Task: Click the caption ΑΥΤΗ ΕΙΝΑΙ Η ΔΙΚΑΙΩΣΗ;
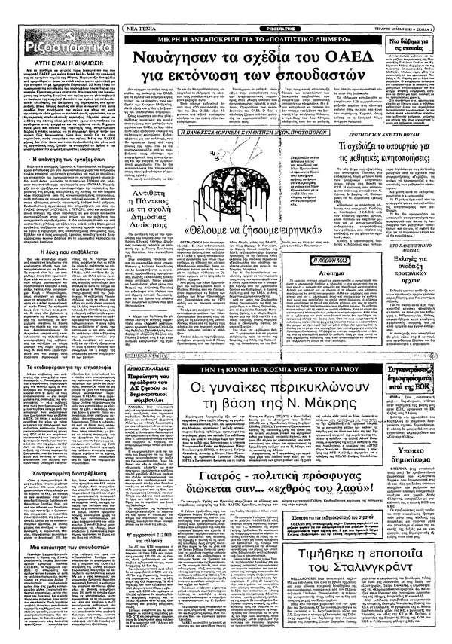(61, 58)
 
